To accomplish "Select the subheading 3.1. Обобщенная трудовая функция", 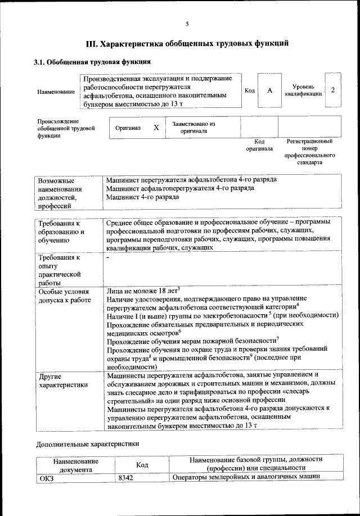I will point(92,62).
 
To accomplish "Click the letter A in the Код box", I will point(270,90).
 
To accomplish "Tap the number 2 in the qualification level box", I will point(334,90).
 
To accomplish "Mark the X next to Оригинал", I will point(156,128).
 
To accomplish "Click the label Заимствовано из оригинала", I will point(193,128).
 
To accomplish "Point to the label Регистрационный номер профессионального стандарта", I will point(309,152).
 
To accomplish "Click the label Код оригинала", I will point(259,146).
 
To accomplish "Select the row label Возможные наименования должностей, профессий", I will point(58,193).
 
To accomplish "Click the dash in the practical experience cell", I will point(107,256).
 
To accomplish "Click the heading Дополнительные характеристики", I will point(87,443).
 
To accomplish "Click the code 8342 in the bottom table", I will point(127,478).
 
